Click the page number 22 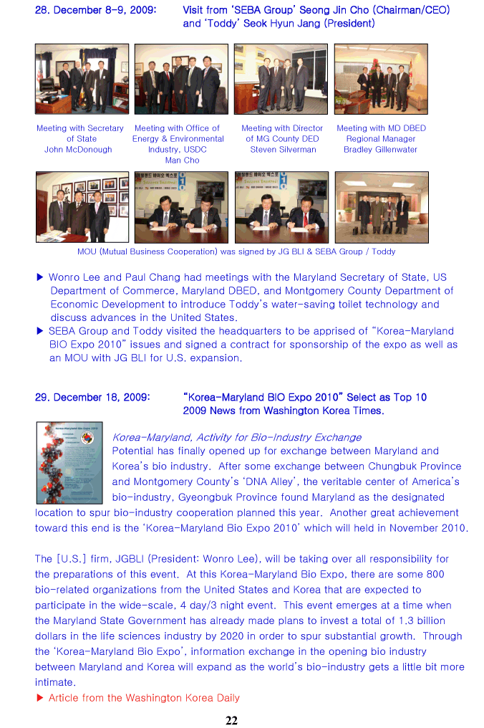[x=231, y=720]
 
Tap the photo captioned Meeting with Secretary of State [x=82, y=79]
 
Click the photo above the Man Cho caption [x=181, y=79]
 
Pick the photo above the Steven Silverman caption [x=281, y=79]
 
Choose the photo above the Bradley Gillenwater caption [x=380, y=79]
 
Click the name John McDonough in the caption [x=78, y=150]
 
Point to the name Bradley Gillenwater [x=380, y=150]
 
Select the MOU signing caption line [x=236, y=252]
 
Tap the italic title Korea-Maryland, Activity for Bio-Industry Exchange [x=237, y=437]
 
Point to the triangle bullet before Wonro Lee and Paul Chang [x=40, y=277]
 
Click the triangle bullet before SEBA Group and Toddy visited [x=40, y=331]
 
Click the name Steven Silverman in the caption [x=283, y=150]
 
